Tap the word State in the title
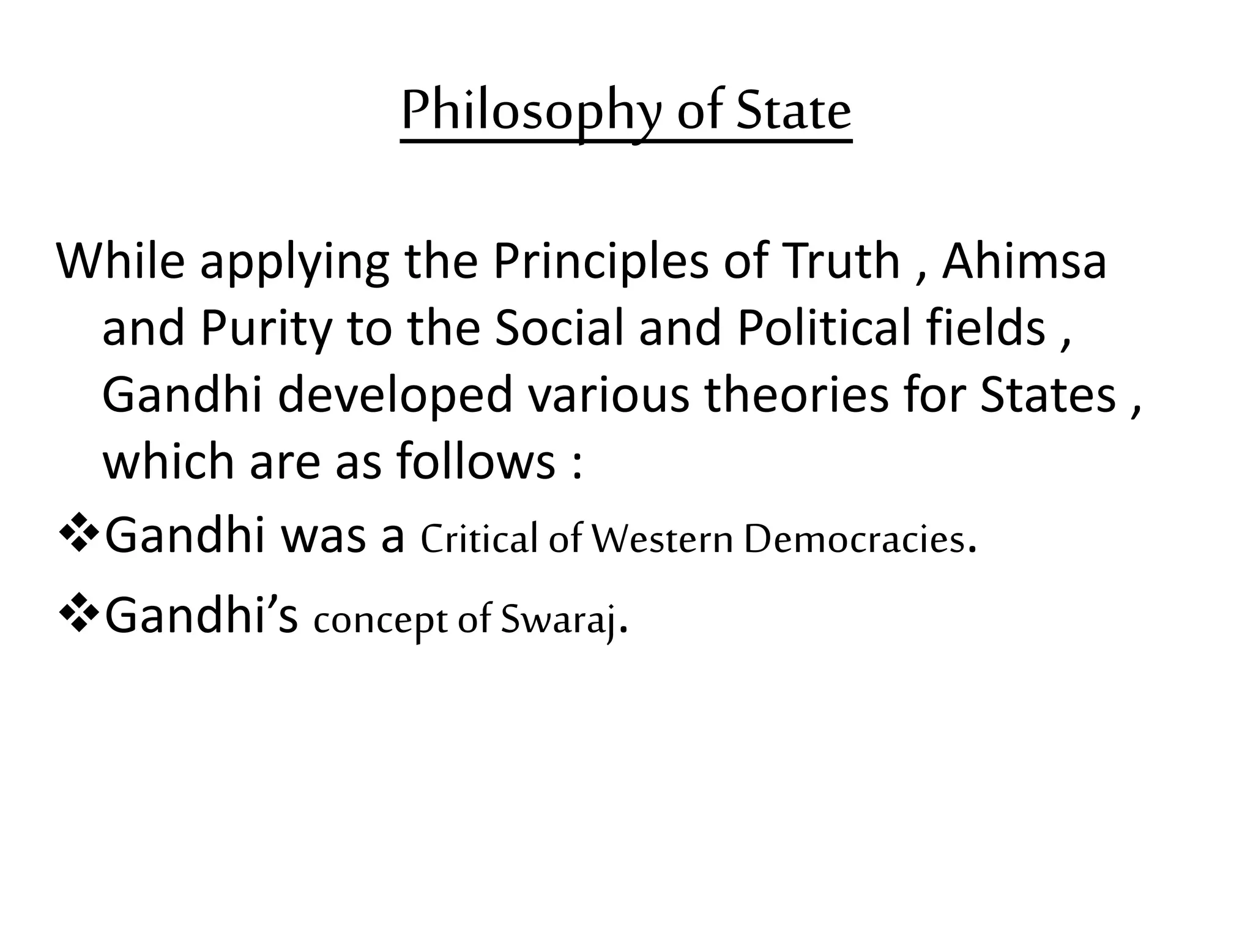point(794,112)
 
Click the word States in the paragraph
point(1048,395)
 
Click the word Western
point(663,539)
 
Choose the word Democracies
point(854,539)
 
